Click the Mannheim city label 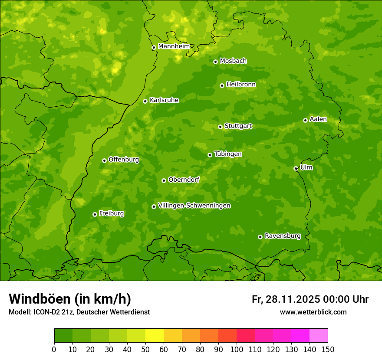tap(174, 46)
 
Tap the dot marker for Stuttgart tap(220, 127)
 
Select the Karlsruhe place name tap(164, 100)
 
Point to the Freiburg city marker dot tap(95, 214)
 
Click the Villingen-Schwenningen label tap(194, 206)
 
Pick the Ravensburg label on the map tap(283, 236)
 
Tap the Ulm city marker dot tap(296, 168)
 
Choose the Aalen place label tap(318, 119)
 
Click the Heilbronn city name tap(241, 85)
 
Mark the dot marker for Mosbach tap(215, 62)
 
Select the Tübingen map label tap(228, 154)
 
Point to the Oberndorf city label tap(184, 180)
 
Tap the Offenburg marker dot tap(104, 160)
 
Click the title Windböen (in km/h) tap(70, 299)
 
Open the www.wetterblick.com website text tap(313, 312)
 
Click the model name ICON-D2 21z tap(49, 312)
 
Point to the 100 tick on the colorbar tap(237, 349)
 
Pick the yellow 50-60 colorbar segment tap(155, 336)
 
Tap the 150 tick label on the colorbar tap(328, 349)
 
